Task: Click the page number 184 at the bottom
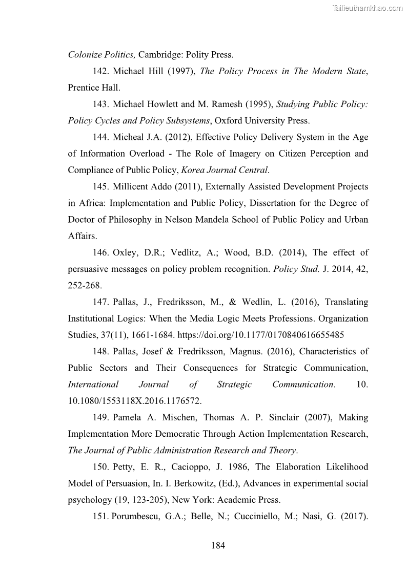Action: point(218,546)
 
